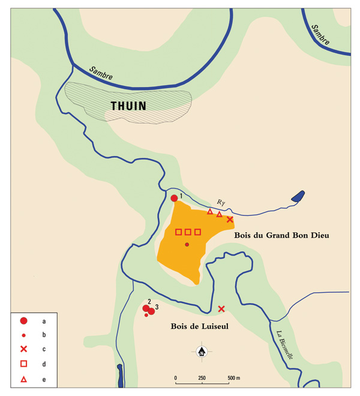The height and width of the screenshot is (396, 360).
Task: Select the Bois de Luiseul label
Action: pyautogui.click(x=195, y=328)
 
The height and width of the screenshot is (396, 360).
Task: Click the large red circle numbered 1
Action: pyautogui.click(x=174, y=199)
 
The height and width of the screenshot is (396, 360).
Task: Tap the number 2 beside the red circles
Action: pyautogui.click(x=148, y=301)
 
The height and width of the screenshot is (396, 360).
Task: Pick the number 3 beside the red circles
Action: pyautogui.click(x=157, y=307)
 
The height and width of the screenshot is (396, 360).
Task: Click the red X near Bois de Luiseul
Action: pyautogui.click(x=221, y=308)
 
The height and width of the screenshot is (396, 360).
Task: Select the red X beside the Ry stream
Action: pyautogui.click(x=230, y=220)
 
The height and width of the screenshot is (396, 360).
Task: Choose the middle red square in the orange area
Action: pyautogui.click(x=188, y=232)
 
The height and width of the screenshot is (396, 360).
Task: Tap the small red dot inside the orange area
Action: pyautogui.click(x=187, y=244)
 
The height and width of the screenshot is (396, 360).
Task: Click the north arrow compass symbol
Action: pyautogui.click(x=202, y=351)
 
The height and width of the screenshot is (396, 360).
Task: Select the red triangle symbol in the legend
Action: pyautogui.click(x=24, y=379)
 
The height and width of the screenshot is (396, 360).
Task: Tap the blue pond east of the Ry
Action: pyautogui.click(x=297, y=196)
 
